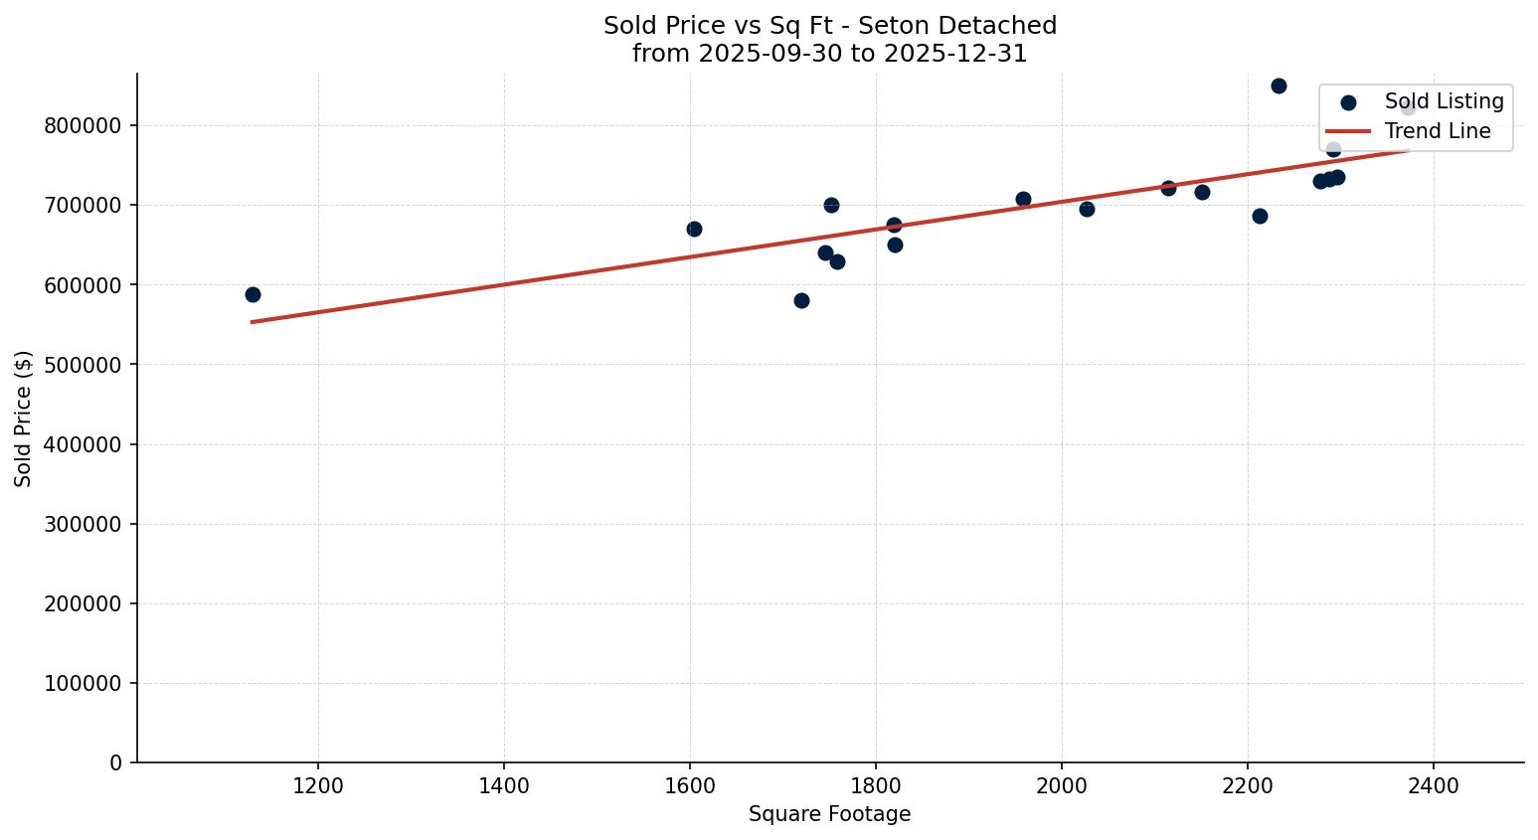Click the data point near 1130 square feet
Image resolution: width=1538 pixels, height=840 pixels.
(253, 294)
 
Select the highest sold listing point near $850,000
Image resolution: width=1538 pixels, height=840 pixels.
(1279, 85)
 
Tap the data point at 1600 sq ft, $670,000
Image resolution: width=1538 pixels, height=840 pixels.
(694, 229)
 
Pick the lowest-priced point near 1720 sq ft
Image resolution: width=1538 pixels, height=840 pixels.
(801, 300)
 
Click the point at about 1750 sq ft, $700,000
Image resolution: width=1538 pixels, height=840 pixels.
(831, 205)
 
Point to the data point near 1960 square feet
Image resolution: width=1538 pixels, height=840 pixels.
(1023, 199)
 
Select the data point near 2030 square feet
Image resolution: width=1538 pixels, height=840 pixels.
(1087, 209)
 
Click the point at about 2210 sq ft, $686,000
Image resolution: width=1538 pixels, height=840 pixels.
(1260, 216)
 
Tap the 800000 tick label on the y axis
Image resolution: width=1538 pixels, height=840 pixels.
(83, 126)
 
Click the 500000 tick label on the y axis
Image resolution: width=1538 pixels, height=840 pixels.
(83, 365)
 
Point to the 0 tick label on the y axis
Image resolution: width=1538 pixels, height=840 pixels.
(116, 763)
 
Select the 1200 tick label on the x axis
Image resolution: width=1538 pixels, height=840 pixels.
(318, 786)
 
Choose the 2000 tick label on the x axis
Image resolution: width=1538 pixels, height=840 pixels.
(1062, 786)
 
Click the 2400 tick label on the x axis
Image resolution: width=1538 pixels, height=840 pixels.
(1434, 786)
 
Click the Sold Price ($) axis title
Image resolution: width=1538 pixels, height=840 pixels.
(23, 419)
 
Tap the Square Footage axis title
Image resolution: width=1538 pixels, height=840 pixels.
(829, 815)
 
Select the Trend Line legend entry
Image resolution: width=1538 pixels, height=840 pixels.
(1437, 131)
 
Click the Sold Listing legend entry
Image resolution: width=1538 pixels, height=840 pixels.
(1444, 101)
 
